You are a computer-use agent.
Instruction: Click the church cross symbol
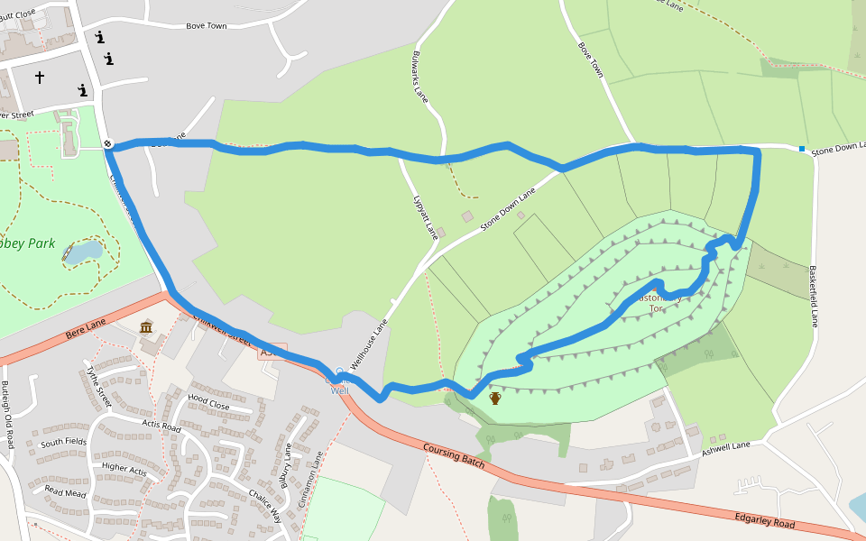(40, 78)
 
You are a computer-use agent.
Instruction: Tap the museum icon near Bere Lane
(146, 326)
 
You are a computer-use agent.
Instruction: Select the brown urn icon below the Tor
(494, 398)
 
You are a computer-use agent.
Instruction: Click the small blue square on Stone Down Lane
(801, 149)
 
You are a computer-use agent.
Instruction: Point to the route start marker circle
(107, 143)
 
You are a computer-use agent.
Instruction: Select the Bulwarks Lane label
(419, 74)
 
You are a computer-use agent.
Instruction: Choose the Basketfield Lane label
(813, 296)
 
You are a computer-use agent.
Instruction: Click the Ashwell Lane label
(725, 447)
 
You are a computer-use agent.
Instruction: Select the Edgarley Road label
(764, 519)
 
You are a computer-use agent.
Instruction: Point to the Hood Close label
(208, 401)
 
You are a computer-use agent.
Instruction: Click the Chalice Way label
(265, 506)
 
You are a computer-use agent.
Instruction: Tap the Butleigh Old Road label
(8, 416)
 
